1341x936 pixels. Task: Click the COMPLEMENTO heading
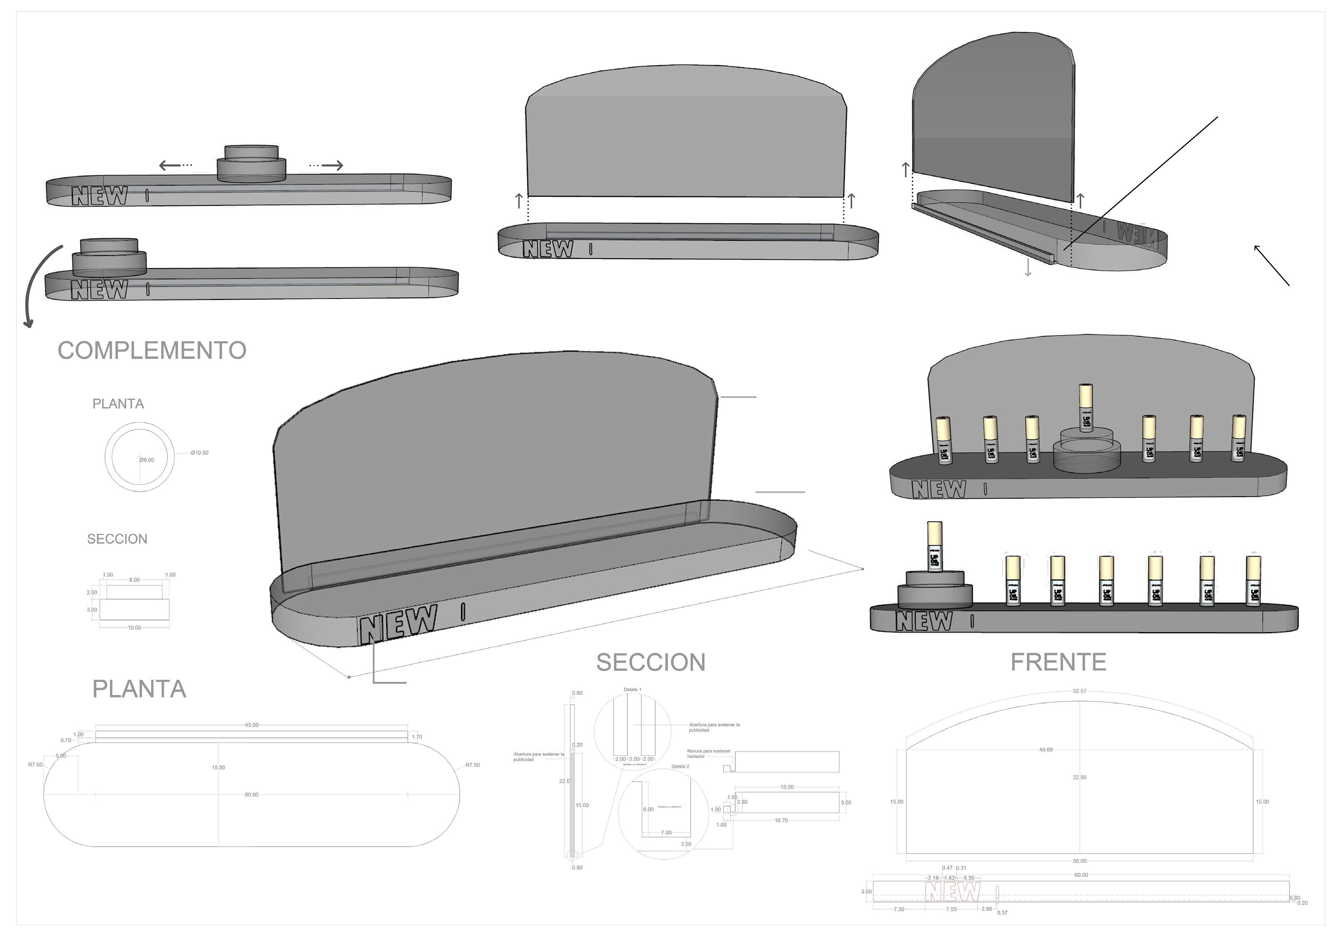click(x=152, y=350)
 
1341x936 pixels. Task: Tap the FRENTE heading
click(x=1059, y=662)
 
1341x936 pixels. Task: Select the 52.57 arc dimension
click(x=1079, y=691)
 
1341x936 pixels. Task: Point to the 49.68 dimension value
click(x=1046, y=750)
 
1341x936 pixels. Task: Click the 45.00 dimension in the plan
click(x=251, y=725)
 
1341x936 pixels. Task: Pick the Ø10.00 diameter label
click(x=199, y=453)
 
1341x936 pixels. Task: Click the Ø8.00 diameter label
click(x=147, y=460)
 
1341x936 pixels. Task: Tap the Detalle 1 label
click(x=632, y=690)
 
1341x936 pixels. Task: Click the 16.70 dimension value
click(x=781, y=821)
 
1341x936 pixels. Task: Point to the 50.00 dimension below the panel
click(x=1079, y=861)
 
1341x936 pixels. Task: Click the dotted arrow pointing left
click(x=175, y=166)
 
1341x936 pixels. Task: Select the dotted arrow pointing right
click(x=327, y=166)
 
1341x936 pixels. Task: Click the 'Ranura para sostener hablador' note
click(x=708, y=754)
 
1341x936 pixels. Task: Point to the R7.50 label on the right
click(x=472, y=765)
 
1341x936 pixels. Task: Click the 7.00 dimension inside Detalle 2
click(x=666, y=833)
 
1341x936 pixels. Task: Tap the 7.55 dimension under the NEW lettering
click(x=951, y=909)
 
